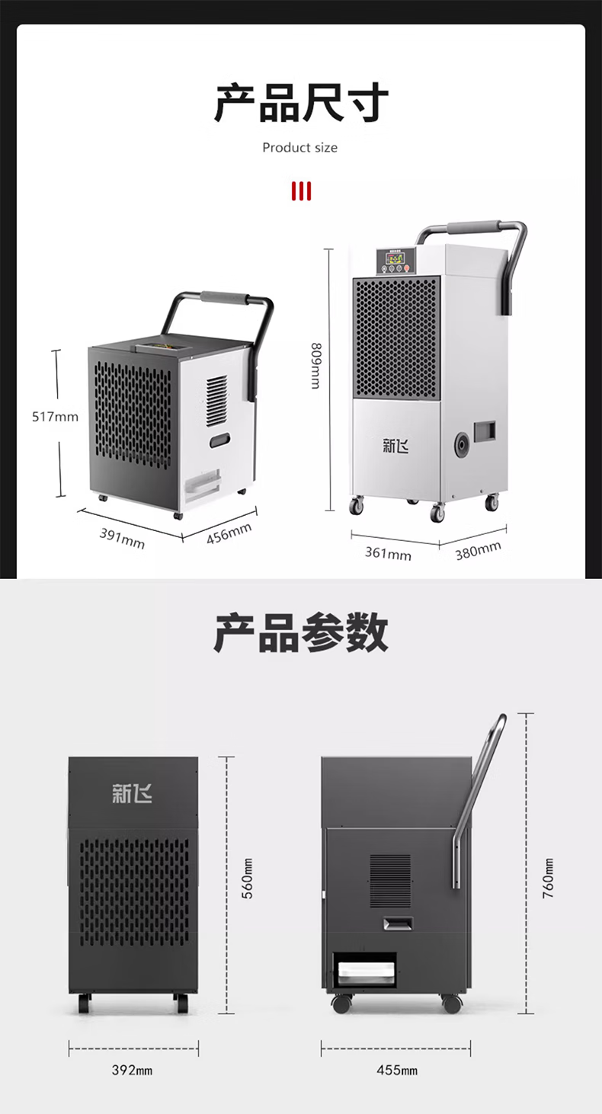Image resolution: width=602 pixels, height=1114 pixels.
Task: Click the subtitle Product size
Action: (x=300, y=147)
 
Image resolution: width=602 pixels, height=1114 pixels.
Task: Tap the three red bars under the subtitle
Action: (x=301, y=190)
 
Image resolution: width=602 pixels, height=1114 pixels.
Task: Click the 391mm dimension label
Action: (x=122, y=537)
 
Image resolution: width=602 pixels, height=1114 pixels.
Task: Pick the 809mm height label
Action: (x=315, y=366)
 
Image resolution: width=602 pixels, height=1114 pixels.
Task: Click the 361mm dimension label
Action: (x=387, y=552)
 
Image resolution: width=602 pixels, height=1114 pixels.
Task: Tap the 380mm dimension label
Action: (x=479, y=550)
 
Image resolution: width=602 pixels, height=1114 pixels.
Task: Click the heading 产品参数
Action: (x=301, y=633)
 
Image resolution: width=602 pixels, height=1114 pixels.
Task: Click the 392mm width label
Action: (x=133, y=1070)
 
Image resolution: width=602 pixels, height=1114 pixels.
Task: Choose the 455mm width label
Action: (x=397, y=1070)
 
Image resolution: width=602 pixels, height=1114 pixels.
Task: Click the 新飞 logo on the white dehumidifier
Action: (x=395, y=446)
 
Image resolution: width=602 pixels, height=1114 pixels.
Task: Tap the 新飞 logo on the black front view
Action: (x=132, y=793)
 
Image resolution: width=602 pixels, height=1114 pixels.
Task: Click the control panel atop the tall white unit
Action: (x=394, y=261)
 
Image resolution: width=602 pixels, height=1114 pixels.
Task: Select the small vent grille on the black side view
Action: (x=390, y=880)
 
